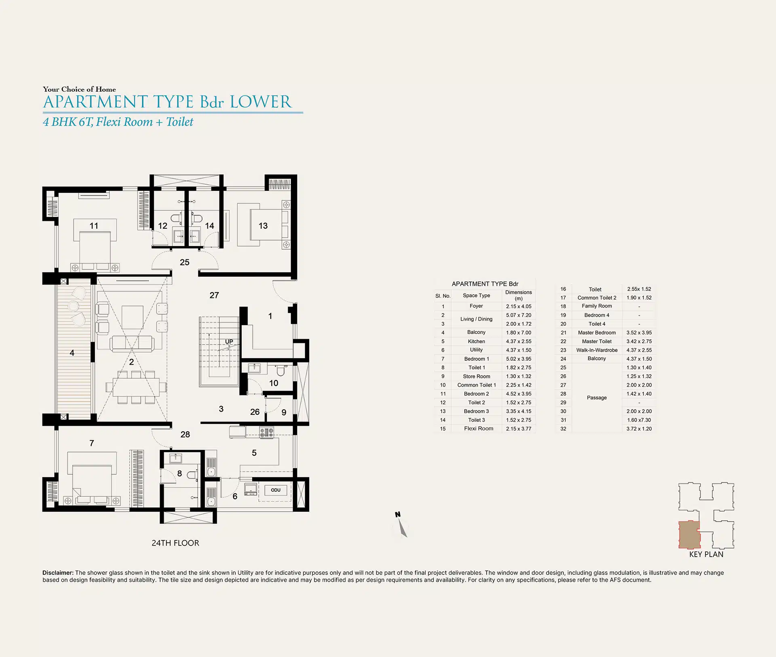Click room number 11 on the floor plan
94,226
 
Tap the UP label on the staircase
229,342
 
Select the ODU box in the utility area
276,490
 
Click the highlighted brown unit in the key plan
689,534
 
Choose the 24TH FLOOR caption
175,543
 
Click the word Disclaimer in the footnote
58,572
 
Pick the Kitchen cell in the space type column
476,341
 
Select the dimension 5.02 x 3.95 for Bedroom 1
519,359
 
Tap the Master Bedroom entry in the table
597,332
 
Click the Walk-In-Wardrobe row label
597,350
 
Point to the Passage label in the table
597,397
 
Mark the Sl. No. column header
443,296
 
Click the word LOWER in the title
261,102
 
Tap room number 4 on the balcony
72,353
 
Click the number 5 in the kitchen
254,453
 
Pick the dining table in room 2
136,387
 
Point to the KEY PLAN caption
706,554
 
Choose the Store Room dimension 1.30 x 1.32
519,376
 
